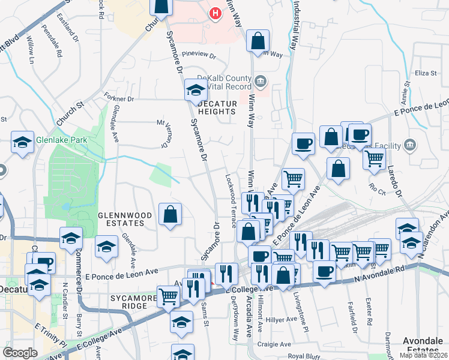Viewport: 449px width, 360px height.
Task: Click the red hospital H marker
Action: (x=214, y=13)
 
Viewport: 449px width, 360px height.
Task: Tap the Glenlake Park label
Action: (x=61, y=140)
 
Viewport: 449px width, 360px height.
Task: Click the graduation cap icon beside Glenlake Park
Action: (x=22, y=143)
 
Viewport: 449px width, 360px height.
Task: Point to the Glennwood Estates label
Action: (x=121, y=218)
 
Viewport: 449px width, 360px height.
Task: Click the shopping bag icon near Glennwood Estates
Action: (x=170, y=214)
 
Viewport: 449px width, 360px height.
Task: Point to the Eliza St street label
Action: (x=424, y=73)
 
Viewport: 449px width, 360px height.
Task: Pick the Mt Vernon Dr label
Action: (x=163, y=133)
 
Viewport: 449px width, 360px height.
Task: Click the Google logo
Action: (x=20, y=353)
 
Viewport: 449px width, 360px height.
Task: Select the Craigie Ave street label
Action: (x=274, y=344)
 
